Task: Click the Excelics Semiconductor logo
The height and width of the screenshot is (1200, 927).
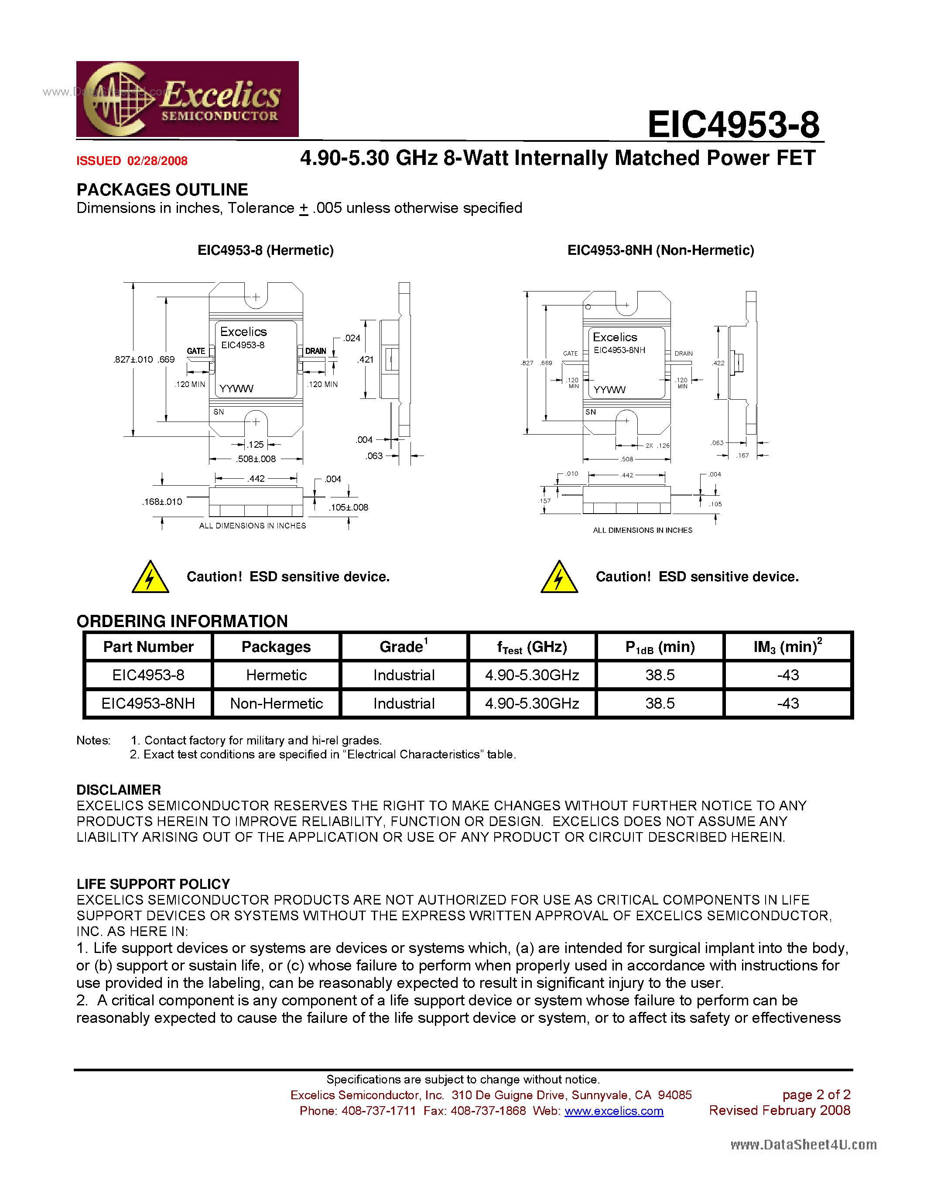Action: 187,99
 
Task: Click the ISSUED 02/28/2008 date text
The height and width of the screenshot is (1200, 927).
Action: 132,161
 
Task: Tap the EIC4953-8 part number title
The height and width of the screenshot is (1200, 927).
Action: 733,125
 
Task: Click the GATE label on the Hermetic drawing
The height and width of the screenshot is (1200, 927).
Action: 196,351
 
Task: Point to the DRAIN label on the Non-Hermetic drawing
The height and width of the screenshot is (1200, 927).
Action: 683,353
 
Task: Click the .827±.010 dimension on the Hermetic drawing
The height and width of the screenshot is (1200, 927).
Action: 133,359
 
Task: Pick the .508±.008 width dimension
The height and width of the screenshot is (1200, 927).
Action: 256,459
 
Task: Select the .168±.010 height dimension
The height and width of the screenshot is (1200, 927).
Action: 162,502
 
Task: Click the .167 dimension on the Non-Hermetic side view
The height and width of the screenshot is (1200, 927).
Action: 742,456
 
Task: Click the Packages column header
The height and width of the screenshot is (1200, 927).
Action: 276,647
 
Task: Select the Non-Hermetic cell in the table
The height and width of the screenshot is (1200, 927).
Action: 276,703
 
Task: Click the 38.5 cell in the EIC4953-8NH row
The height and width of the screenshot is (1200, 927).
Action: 660,703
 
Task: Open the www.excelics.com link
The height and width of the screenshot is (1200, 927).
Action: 613,1111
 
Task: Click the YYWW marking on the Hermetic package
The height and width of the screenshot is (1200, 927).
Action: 236,388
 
